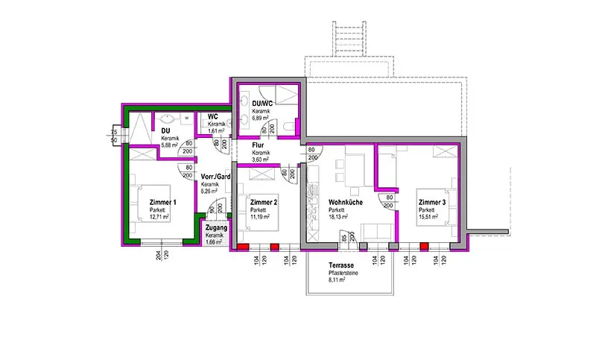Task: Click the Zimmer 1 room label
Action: pos(163,202)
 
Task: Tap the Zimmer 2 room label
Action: pos(264,202)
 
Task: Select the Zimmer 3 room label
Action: pos(432,202)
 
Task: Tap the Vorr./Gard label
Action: pos(215,177)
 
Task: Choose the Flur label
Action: pos(259,146)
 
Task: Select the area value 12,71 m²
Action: pos(159,217)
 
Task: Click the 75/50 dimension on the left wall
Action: pos(114,134)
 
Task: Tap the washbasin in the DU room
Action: pos(166,118)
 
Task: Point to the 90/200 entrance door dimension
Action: pos(214,211)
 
